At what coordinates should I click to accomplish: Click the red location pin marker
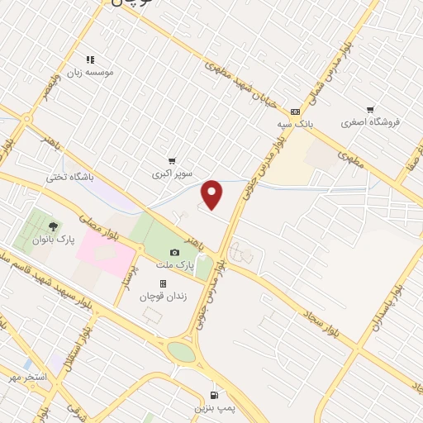click(x=212, y=194)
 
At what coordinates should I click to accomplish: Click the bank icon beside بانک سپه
click(x=296, y=112)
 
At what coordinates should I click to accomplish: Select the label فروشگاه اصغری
click(x=370, y=122)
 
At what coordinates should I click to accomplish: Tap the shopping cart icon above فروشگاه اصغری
click(x=370, y=109)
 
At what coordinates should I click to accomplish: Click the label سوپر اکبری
click(x=171, y=174)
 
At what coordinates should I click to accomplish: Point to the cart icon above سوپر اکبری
click(x=171, y=161)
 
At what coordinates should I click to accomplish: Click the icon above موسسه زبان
click(x=91, y=59)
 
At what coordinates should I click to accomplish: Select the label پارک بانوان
click(x=55, y=239)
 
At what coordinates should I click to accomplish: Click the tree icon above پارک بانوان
click(x=54, y=226)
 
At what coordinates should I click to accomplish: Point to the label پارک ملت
click(x=174, y=265)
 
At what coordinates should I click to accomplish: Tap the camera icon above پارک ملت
click(x=174, y=253)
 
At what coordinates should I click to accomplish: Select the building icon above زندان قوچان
click(x=163, y=283)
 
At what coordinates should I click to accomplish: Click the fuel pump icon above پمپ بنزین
click(x=216, y=395)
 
